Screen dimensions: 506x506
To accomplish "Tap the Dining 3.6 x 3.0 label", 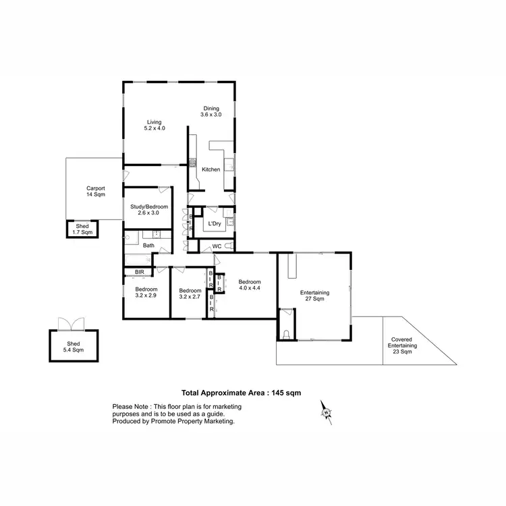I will click(x=210, y=111).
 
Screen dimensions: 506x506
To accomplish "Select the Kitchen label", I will click(x=210, y=169).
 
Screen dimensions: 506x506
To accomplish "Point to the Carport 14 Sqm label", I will click(x=94, y=192).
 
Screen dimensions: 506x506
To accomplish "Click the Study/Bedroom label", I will click(x=149, y=209).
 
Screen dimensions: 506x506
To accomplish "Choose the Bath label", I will click(x=148, y=246).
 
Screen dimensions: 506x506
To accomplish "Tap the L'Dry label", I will click(x=215, y=223).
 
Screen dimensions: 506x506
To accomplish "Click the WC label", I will click(x=217, y=247).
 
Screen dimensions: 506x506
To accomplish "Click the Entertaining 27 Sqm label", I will click(x=314, y=296).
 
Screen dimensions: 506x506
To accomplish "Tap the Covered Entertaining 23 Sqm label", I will click(x=402, y=346).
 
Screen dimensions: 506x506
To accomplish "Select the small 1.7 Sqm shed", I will click(x=82, y=229).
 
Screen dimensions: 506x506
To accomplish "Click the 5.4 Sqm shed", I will click(x=74, y=346).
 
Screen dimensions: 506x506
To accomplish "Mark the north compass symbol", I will click(x=326, y=412).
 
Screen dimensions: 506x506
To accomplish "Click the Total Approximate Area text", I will click(x=241, y=392).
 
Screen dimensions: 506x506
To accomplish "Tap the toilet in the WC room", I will click(x=227, y=247).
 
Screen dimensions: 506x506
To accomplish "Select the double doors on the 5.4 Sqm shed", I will click(x=69, y=324).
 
